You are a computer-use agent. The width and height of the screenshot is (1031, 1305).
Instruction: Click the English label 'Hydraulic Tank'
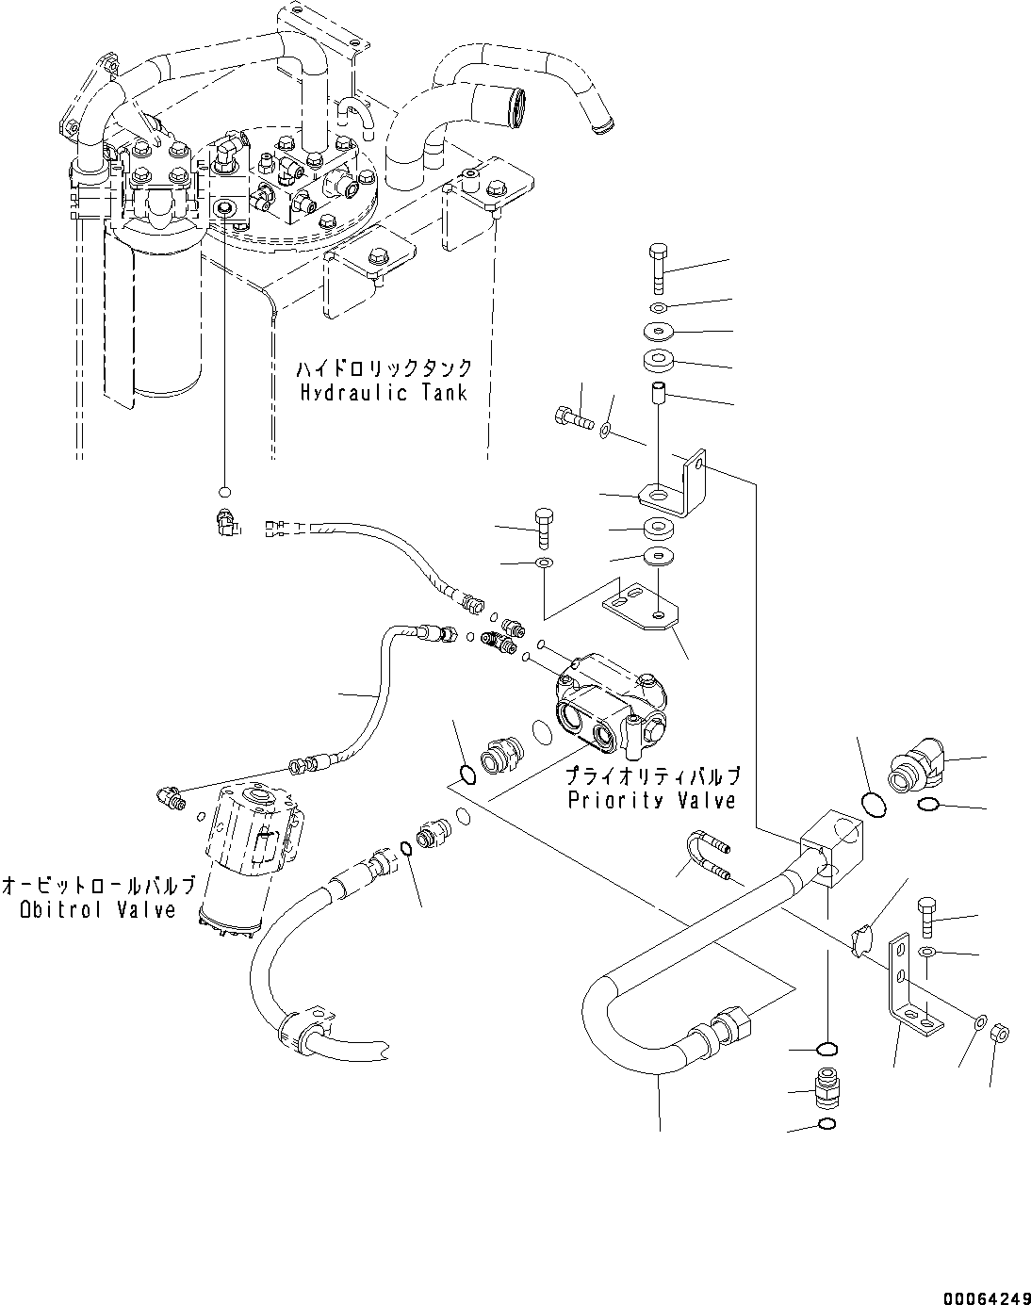pos(384,393)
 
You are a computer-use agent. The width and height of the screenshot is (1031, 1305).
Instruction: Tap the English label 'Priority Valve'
pos(651,800)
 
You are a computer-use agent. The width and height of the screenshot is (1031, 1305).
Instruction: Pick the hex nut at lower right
pos(1003,1034)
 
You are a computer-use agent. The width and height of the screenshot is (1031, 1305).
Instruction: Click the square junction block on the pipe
pos(830,845)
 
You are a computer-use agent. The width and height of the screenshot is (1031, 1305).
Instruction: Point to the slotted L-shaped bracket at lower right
pos(910,986)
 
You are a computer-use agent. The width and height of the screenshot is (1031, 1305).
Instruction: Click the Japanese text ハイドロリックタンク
pos(384,368)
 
